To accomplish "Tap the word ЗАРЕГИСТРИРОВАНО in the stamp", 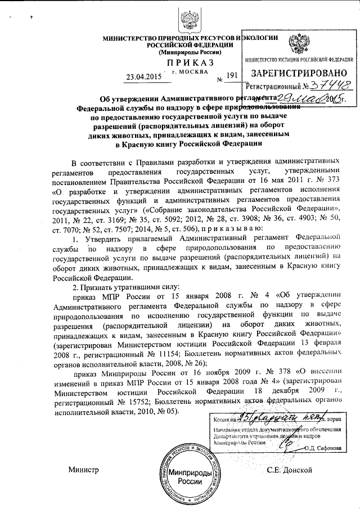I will (296, 74).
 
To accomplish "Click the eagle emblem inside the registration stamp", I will (295, 43).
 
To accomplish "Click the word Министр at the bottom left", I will (83, 470).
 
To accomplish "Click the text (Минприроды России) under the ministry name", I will (191, 52).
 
